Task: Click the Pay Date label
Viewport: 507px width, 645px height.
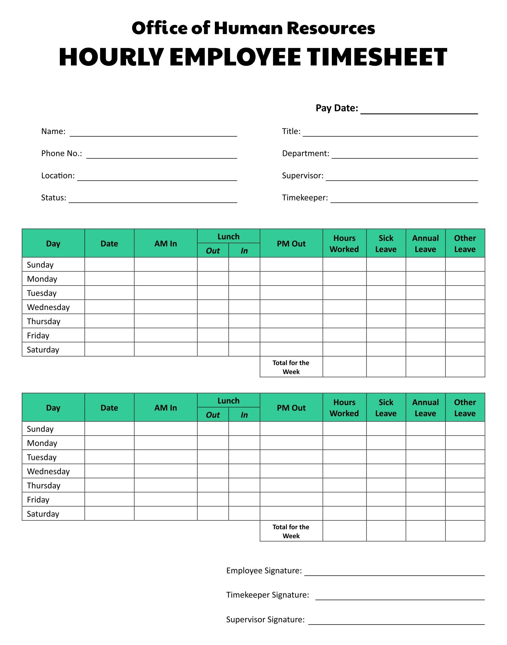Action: (x=337, y=108)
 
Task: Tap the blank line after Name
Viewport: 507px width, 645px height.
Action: (x=153, y=133)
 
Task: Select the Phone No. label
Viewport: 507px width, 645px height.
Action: (x=62, y=154)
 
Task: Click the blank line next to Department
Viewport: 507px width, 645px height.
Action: (x=404, y=155)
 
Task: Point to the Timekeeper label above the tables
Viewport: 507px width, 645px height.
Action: (x=305, y=198)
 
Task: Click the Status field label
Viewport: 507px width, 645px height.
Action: (x=53, y=198)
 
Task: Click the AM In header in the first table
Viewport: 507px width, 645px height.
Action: (x=165, y=244)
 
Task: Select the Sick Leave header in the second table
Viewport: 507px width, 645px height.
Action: (x=386, y=408)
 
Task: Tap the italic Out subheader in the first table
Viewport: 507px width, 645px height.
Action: (x=213, y=251)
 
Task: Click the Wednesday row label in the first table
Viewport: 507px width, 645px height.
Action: (x=48, y=307)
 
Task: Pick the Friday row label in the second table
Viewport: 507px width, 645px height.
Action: (x=38, y=500)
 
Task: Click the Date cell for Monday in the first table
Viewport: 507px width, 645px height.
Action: (x=109, y=279)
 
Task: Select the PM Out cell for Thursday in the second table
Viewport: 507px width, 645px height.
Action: (x=291, y=485)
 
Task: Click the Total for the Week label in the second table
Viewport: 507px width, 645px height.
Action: (x=291, y=531)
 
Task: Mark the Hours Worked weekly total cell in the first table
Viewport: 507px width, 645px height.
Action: (x=344, y=367)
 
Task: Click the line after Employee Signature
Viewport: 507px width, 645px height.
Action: (x=394, y=572)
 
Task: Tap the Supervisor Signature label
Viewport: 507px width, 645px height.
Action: (x=265, y=619)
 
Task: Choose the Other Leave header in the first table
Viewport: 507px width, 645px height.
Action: (x=465, y=244)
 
